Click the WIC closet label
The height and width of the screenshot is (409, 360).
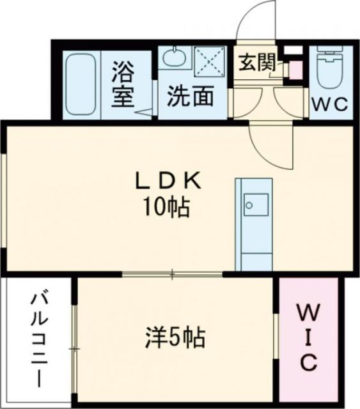click(307, 337)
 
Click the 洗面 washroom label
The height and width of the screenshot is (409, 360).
click(190, 97)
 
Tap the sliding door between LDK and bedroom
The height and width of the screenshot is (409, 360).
click(173, 274)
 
